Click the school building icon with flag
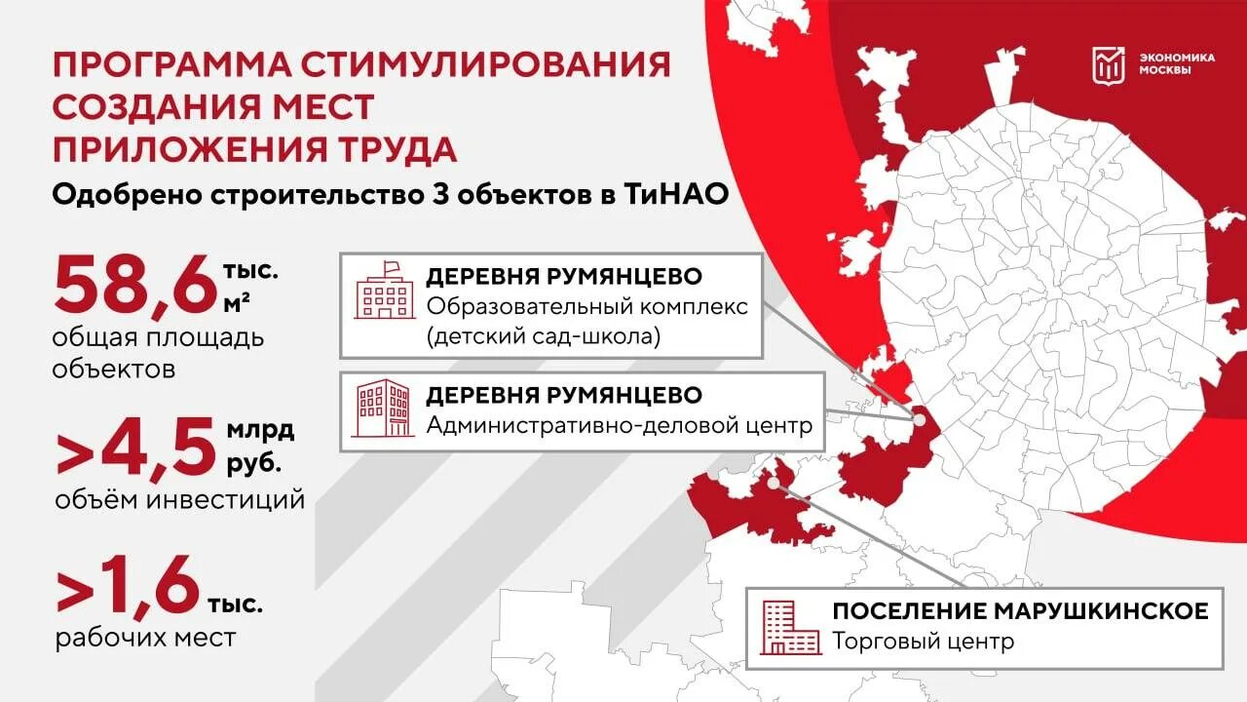pyautogui.click(x=384, y=291)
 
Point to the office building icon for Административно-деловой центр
pyautogui.click(x=383, y=409)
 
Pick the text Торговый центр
pyautogui.click(x=923, y=642)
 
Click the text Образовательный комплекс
pyautogui.click(x=587, y=307)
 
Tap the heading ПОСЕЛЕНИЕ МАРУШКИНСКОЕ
pyautogui.click(x=1020, y=611)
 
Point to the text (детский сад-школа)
pyautogui.click(x=543, y=337)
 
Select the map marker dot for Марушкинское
pyautogui.click(x=774, y=481)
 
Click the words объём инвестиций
pyautogui.click(x=180, y=500)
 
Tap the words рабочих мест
pyautogui.click(x=145, y=639)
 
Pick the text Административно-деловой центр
pyautogui.click(x=619, y=426)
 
